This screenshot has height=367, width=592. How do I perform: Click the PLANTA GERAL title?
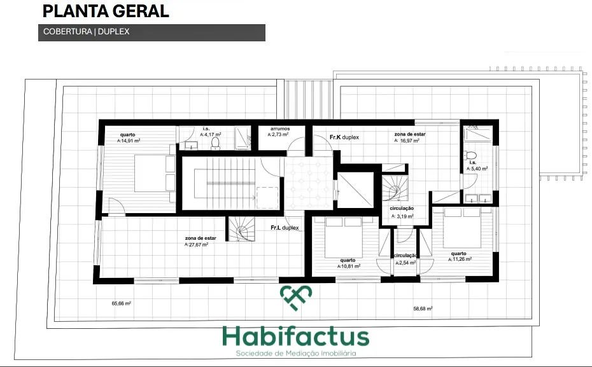coord(106,11)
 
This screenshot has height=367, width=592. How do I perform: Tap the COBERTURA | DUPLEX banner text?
coord(87,32)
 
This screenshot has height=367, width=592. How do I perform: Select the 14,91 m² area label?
coord(129,141)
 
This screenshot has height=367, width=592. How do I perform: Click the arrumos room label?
coord(280,129)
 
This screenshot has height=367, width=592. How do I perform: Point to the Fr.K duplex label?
coord(344,137)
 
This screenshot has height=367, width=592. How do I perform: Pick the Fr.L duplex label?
coord(285,228)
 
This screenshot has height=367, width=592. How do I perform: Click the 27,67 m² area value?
coord(196,244)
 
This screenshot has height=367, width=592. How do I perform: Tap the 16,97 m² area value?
coord(407,141)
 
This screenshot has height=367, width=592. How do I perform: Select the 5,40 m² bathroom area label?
coord(477,169)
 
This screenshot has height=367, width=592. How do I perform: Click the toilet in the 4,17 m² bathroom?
coord(215,143)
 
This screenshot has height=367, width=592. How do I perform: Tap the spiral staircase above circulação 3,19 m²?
coord(395,188)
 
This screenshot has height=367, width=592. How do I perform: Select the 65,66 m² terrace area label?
coord(121,303)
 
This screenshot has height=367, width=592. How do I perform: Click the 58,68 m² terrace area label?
coord(423,308)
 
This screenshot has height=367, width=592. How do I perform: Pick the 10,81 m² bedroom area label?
coord(348,266)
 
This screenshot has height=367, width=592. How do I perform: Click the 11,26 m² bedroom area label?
coord(460,259)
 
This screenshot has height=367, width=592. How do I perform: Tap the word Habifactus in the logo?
coord(295,337)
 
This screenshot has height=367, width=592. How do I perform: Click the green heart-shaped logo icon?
coord(296,298)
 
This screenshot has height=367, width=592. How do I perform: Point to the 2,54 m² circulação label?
coord(405,263)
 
